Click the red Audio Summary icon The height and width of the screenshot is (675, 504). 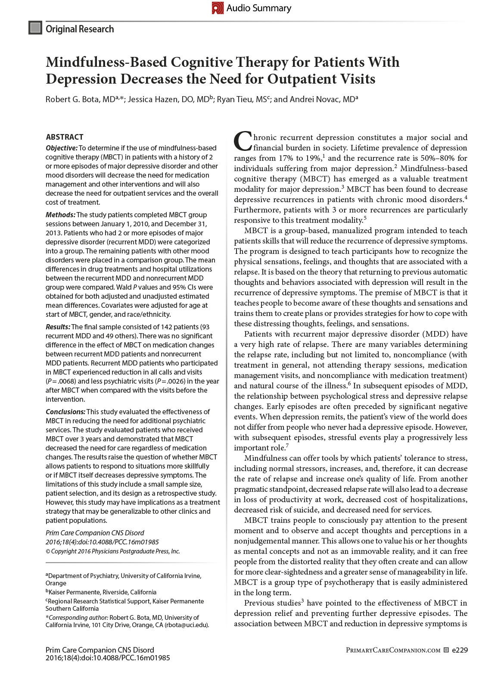click(218, 8)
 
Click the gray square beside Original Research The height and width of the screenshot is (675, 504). click(35, 28)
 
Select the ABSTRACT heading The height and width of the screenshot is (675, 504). click(64, 137)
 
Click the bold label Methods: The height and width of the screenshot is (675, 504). click(60, 215)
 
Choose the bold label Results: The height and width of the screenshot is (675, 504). click(58, 327)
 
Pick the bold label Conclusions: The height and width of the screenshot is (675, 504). click(65, 412)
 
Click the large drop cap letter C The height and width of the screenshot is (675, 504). click(242, 141)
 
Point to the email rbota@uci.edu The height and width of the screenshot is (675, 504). click(187, 625)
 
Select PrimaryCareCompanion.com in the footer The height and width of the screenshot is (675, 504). click(393, 650)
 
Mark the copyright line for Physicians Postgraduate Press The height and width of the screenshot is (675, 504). click(113, 551)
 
